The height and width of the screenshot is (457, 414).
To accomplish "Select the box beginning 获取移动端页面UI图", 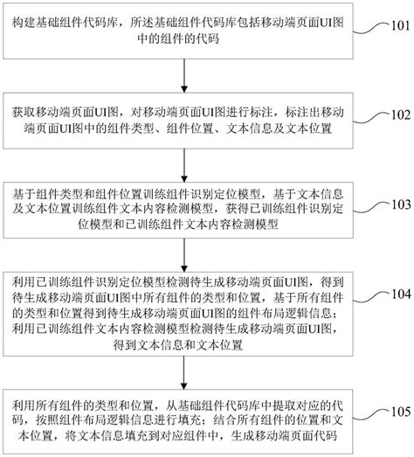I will (184, 121).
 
